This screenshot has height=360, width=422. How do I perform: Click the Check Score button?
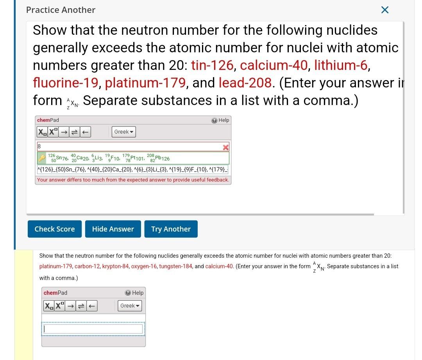[x=54, y=229]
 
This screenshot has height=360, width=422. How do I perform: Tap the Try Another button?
[x=171, y=229]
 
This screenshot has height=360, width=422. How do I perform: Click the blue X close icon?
[x=384, y=10]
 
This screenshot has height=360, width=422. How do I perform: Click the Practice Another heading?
[x=61, y=10]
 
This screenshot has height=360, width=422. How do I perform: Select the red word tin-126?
[x=212, y=65]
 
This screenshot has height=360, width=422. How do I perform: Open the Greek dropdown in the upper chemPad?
[x=124, y=132]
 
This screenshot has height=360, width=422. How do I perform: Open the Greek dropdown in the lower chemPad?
[x=130, y=306]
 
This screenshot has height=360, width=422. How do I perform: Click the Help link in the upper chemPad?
[x=221, y=120]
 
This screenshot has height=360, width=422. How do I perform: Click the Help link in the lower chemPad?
[x=134, y=293]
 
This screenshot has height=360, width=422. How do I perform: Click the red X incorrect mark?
[x=225, y=147]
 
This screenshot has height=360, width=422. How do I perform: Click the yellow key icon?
[x=42, y=158]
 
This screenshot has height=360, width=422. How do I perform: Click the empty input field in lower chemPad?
[x=94, y=329]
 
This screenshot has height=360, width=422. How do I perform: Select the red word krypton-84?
[x=115, y=266]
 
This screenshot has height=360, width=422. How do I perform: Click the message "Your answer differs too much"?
[x=133, y=180]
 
